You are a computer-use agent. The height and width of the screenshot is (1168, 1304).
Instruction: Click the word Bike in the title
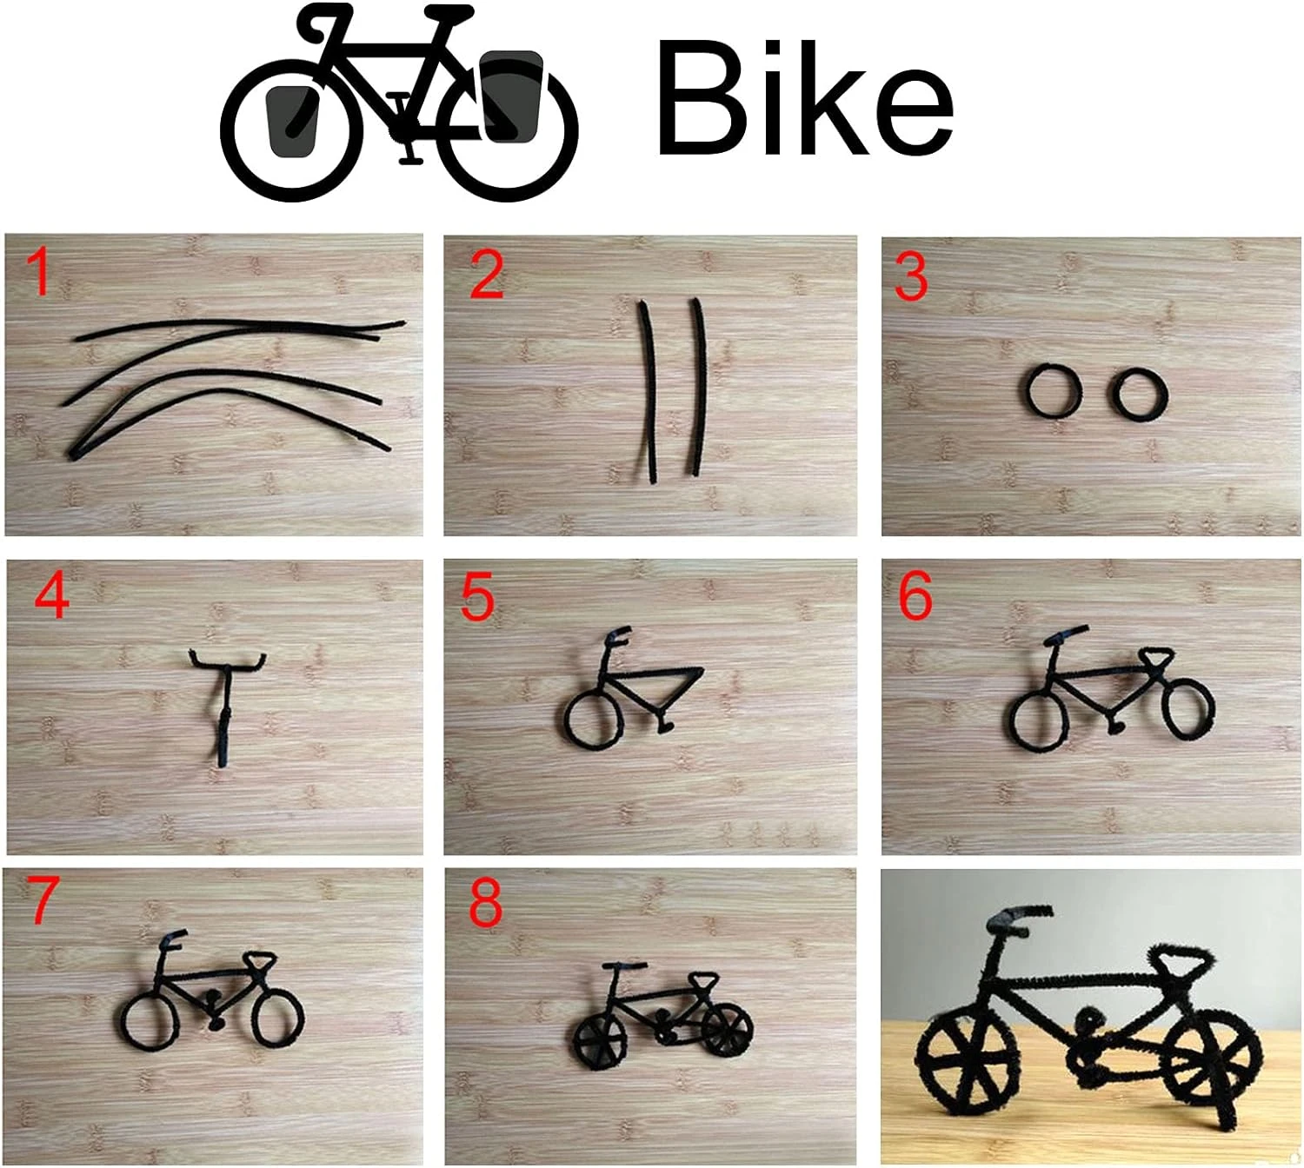click(803, 97)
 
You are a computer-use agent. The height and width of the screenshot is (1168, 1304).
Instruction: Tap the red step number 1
click(41, 273)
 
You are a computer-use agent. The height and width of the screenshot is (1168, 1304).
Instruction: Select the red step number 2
click(486, 275)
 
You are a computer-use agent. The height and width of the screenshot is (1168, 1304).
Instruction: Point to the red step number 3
click(911, 277)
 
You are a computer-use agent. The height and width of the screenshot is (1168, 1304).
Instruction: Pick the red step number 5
click(477, 598)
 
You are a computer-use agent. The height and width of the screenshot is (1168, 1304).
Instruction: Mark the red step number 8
click(485, 904)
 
